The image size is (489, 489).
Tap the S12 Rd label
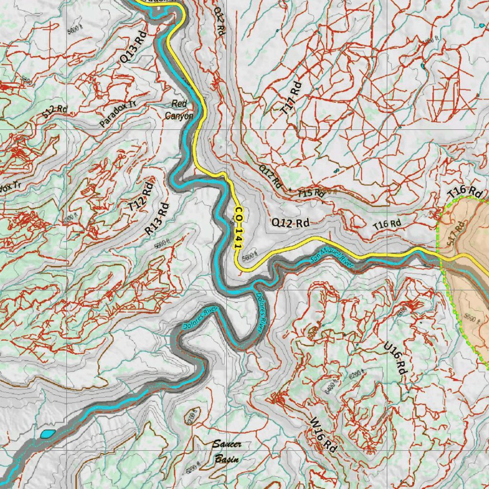pos(54,111)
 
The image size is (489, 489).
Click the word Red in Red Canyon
pos(180,104)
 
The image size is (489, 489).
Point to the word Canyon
pos(179,116)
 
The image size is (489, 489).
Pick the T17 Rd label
pos(292,98)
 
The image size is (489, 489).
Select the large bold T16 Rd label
pos(465,192)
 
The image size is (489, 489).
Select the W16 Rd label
pos(323,436)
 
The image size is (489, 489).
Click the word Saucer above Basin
pos(226,445)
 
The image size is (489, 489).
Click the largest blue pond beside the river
pos(47,434)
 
